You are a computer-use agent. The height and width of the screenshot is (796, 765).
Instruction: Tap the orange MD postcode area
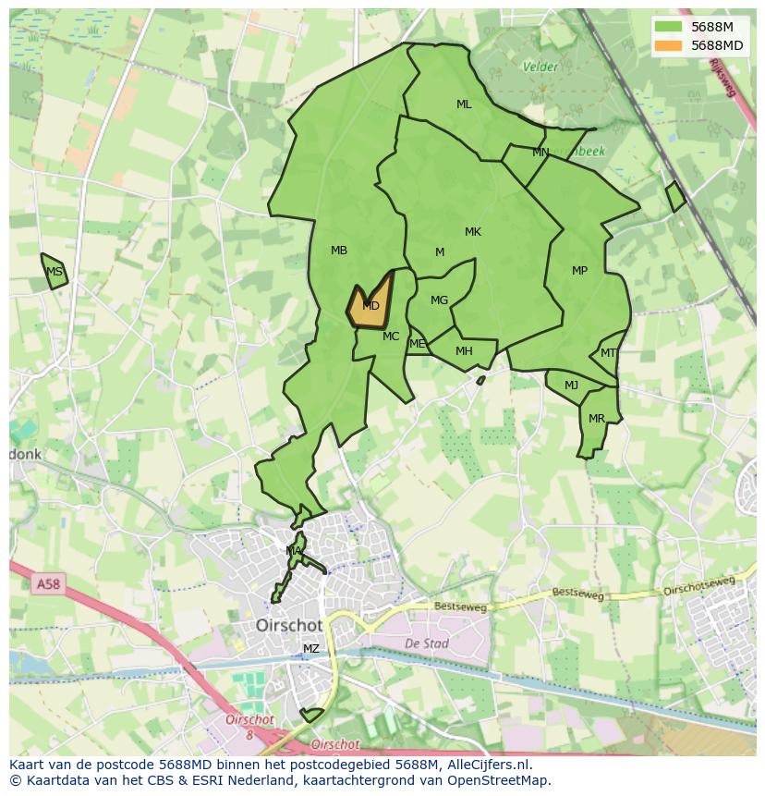pos(370,306)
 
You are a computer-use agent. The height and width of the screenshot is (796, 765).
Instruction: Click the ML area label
pos(464,104)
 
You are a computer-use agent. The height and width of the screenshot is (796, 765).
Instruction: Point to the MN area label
pos(540,153)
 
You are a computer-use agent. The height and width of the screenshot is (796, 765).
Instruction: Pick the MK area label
pos(473,232)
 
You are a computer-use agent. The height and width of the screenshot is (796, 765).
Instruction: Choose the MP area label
pos(579,271)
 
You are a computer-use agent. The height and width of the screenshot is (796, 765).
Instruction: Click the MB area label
pos(339,251)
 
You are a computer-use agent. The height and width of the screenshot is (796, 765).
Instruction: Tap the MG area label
pos(439,300)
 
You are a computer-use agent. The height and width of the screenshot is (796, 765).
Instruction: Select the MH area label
pos(464,351)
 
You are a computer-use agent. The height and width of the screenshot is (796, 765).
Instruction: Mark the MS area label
pos(55,272)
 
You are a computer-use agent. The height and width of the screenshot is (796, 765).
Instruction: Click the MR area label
pos(597,419)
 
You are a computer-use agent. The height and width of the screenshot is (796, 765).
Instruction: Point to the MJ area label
pos(571,386)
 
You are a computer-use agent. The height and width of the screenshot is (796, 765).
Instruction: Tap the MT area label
pos(608,353)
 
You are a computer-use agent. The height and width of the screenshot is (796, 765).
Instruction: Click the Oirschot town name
pos(289,626)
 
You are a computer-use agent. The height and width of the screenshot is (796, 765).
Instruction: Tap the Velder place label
pos(540,67)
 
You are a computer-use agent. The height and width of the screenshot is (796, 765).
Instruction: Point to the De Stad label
pos(426,643)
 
